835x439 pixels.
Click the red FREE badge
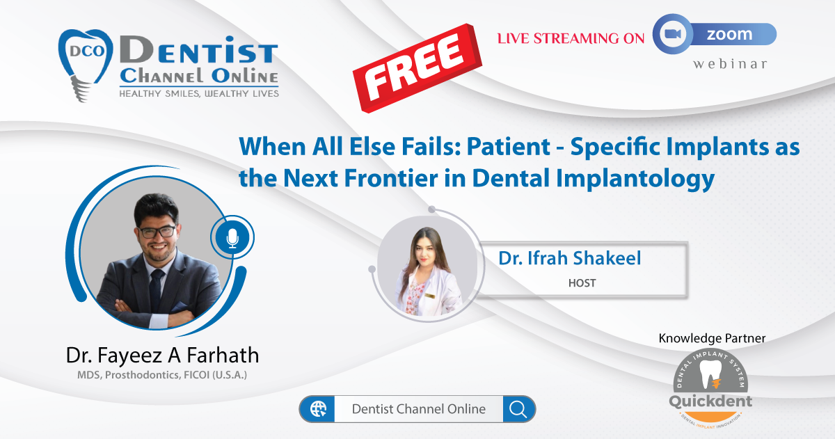[x=417, y=67]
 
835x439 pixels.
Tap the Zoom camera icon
[x=673, y=34]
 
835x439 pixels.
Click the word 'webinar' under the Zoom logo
[x=730, y=64]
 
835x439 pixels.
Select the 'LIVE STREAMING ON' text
[x=571, y=38]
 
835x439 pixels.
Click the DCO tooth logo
[x=86, y=64]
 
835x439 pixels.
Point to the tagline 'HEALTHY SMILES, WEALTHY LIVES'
[x=199, y=93]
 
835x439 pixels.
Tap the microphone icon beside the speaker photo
[x=232, y=237]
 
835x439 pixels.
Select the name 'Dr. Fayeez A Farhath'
[x=162, y=355]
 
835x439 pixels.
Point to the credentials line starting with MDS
[x=162, y=374]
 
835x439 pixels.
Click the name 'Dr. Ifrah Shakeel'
[x=570, y=258]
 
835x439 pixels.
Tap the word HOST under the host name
[x=582, y=283]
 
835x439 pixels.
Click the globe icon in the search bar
[x=318, y=409]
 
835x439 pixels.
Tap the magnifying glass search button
[x=518, y=409]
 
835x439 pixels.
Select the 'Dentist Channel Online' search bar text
[x=419, y=409]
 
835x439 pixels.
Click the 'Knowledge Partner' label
[x=712, y=338]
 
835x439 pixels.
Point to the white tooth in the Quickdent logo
[x=710, y=374]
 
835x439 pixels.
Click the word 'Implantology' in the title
[x=635, y=179]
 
